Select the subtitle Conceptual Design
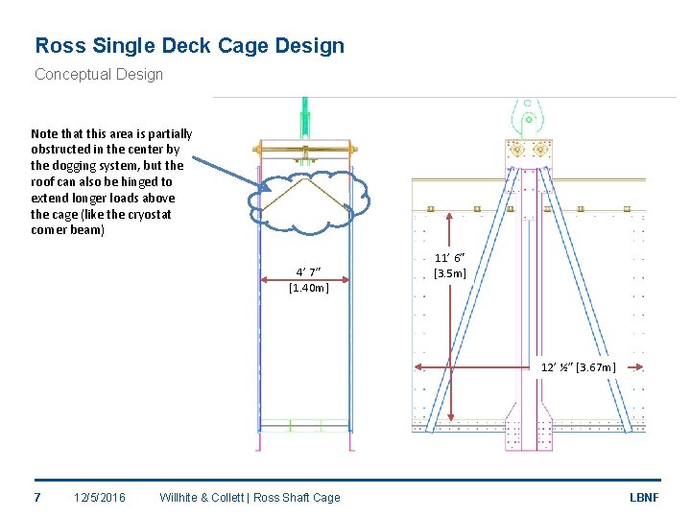99,74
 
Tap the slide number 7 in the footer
36,497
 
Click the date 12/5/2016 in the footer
100,497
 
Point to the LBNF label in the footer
643,497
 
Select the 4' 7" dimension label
308,271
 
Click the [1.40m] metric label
308,287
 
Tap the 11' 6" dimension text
449,258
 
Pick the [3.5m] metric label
449,273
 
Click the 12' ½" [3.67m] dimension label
578,367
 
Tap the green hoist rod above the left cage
304,120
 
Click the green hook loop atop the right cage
527,120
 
